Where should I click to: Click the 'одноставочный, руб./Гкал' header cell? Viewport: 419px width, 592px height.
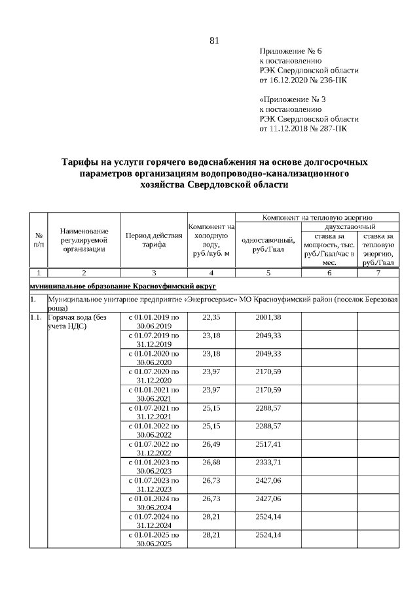pyautogui.click(x=268, y=244)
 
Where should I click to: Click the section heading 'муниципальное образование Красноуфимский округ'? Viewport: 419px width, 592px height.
pyautogui.click(x=122, y=287)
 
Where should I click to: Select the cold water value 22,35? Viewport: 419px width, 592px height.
pyautogui.click(x=211, y=317)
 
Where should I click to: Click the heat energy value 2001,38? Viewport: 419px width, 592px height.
pyautogui.click(x=268, y=317)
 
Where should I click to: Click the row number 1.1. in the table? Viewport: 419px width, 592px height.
pyautogui.click(x=35, y=317)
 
